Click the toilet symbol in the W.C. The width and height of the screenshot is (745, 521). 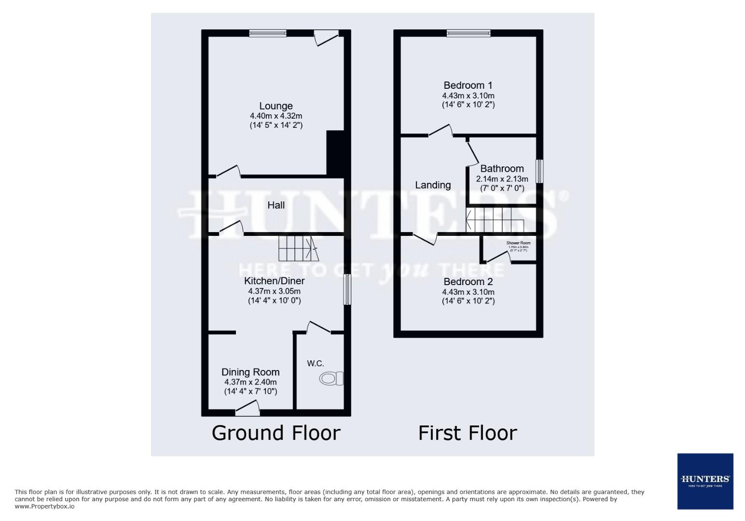tap(331, 379)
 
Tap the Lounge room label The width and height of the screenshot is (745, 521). tap(276, 106)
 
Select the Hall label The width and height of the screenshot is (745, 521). tap(276, 205)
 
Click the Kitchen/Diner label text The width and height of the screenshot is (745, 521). tap(275, 281)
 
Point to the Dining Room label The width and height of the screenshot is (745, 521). tap(250, 372)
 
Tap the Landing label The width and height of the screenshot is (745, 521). tap(433, 185)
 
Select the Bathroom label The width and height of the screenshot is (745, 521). tap(502, 168)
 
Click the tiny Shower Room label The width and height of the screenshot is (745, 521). tap(518, 243)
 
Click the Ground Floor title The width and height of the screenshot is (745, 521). tap(276, 433)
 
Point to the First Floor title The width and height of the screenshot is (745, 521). tap(468, 433)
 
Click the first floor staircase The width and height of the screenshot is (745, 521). tap(495, 220)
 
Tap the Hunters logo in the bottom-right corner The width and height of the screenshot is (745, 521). tap(705, 481)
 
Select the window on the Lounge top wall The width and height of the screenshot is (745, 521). tap(268, 33)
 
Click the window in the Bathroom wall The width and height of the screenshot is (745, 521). tap(540, 171)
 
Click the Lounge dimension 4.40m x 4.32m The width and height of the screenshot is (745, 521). tap(276, 116)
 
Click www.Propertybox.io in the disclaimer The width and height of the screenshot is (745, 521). tap(45, 507)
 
